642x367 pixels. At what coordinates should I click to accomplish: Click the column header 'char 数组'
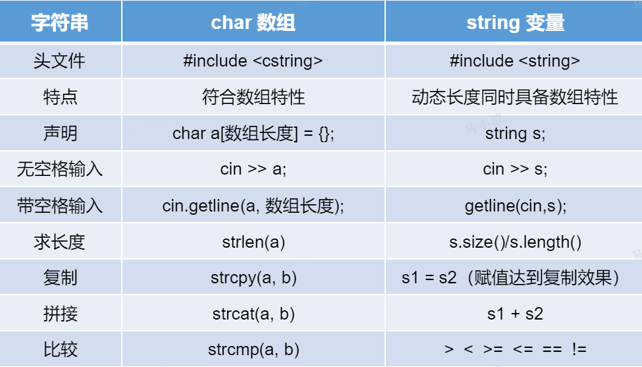pyautogui.click(x=253, y=22)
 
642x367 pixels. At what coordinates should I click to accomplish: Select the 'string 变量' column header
pyautogui.click(x=515, y=22)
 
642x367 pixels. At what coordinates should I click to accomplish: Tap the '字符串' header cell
pyautogui.click(x=60, y=22)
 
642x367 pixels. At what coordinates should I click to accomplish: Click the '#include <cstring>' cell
pyautogui.click(x=253, y=61)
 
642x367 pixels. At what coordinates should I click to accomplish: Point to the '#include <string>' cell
pyautogui.click(x=515, y=61)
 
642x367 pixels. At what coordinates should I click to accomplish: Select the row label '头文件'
pyautogui.click(x=60, y=61)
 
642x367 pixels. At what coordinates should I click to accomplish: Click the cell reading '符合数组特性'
pyautogui.click(x=253, y=98)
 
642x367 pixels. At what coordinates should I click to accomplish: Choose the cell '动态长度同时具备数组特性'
pyautogui.click(x=515, y=98)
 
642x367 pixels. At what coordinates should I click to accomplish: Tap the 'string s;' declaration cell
pyautogui.click(x=515, y=134)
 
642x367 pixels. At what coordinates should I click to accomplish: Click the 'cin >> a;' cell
pyautogui.click(x=253, y=169)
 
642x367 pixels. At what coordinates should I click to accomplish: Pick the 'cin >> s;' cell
pyautogui.click(x=515, y=169)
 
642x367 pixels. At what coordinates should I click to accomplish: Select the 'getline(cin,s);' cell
pyautogui.click(x=515, y=206)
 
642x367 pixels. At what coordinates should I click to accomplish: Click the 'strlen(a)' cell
pyautogui.click(x=253, y=242)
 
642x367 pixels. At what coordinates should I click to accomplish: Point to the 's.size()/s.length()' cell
pyautogui.click(x=515, y=242)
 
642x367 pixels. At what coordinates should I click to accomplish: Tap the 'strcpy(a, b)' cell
pyautogui.click(x=253, y=277)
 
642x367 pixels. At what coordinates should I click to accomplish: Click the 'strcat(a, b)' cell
pyautogui.click(x=253, y=314)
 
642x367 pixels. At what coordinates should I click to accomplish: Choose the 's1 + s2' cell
pyautogui.click(x=515, y=314)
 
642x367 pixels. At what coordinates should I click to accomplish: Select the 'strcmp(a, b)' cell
pyautogui.click(x=253, y=349)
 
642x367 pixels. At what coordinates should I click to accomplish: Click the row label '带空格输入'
pyautogui.click(x=60, y=206)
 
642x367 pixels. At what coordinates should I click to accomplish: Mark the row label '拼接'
pyautogui.click(x=60, y=314)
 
